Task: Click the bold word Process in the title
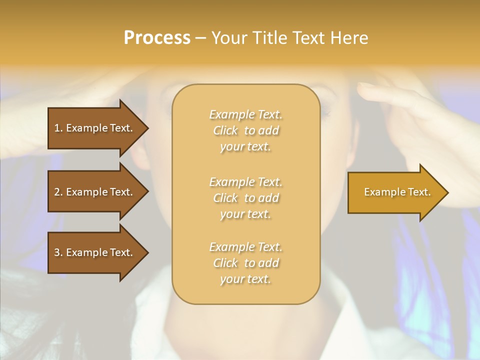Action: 157,38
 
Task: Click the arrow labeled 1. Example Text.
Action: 95,128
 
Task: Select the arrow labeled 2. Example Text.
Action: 95,192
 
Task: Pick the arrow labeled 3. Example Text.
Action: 95,252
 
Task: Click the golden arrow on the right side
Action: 395,192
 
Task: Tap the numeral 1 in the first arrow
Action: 57,128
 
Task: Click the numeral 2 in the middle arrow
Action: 57,192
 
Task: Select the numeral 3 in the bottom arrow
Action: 57,252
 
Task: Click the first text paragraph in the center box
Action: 245,130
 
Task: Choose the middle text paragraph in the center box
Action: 245,197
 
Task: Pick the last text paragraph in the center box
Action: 245,263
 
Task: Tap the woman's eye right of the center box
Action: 325,111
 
